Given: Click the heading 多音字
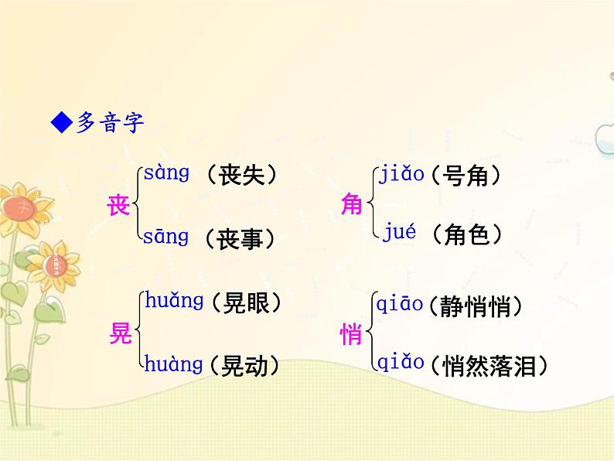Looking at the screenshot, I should tap(110, 122).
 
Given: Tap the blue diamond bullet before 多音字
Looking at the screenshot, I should tap(60, 122).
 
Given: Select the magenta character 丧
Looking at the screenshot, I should tap(118, 206).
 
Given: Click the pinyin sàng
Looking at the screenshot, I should tap(166, 173).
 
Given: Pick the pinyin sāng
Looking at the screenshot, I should tap(166, 237).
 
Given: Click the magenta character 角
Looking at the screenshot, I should tap(352, 205).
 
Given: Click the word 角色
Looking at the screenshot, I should tap(469, 234).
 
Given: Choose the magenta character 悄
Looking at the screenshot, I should tap(352, 334).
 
